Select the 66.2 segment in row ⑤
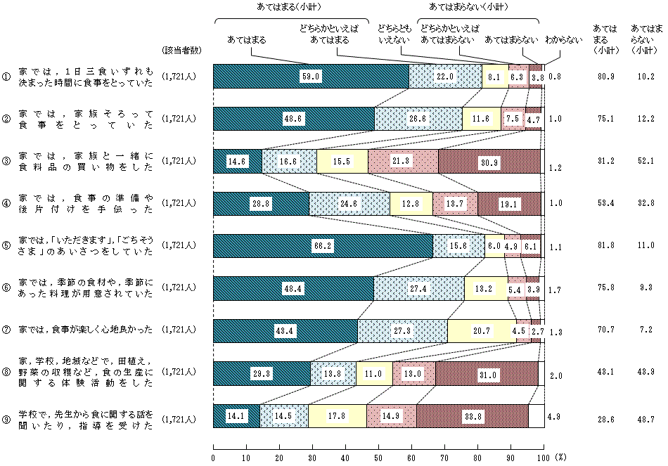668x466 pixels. (x=323, y=246)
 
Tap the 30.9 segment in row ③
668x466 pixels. (x=489, y=161)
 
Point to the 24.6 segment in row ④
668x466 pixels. (x=349, y=204)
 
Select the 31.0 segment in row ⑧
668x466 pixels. (x=487, y=373)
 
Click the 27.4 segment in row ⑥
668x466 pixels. (x=418, y=289)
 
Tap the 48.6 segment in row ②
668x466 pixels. (x=294, y=119)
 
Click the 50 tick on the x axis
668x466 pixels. (x=378, y=457)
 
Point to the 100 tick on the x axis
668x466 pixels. (x=541, y=457)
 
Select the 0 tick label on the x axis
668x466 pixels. (x=213, y=457)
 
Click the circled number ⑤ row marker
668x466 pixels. (x=6, y=246)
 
